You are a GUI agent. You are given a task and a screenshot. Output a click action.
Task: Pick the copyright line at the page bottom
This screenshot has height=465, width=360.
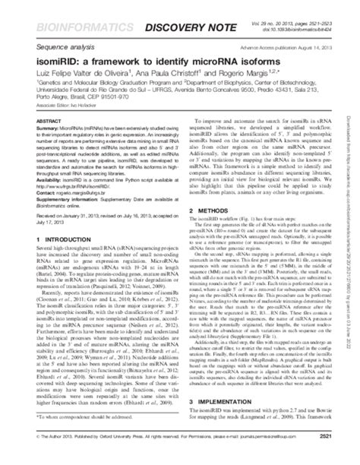point(137,456)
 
